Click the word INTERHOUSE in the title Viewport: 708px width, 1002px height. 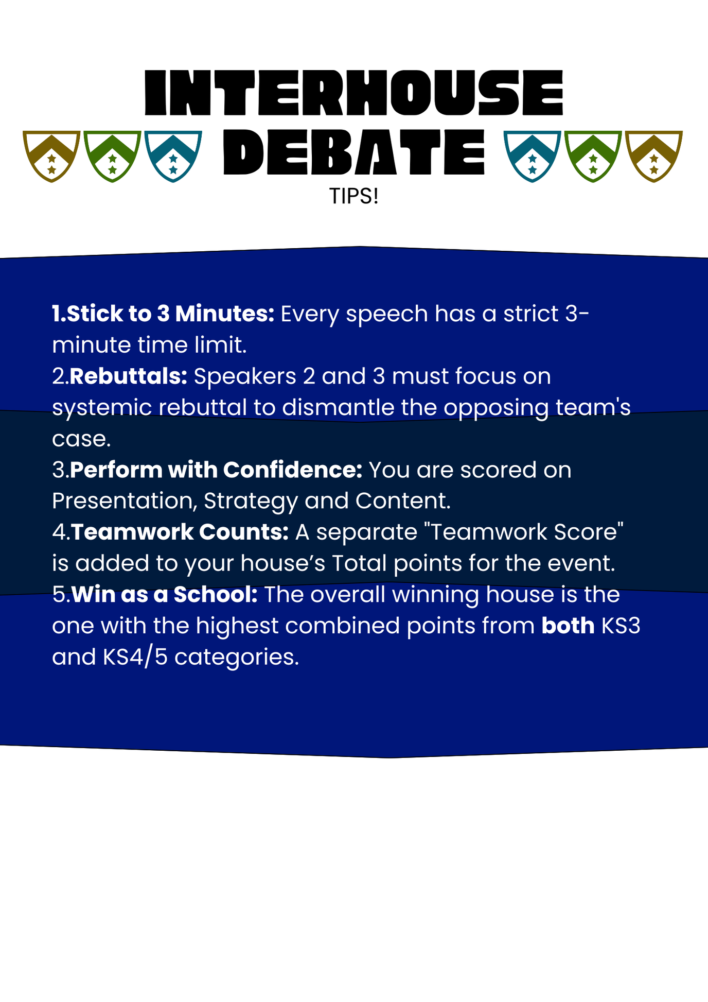pos(354,93)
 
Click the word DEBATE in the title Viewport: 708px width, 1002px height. pos(354,152)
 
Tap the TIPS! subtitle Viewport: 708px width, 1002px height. pos(354,196)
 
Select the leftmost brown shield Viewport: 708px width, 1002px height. pos(51,156)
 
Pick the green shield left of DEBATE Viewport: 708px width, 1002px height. pos(112,156)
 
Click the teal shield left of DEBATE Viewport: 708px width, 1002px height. pos(173,156)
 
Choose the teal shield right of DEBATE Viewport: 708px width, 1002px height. pos(532,156)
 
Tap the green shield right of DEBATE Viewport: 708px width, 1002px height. pos(593,156)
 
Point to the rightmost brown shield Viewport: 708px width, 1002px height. pos(653,156)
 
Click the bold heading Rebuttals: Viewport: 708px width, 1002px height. pos(128,376)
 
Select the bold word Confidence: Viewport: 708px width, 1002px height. pos(293,470)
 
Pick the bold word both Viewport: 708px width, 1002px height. pos(568,626)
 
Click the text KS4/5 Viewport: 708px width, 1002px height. pos(135,658)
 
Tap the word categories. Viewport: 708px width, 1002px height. pos(237,658)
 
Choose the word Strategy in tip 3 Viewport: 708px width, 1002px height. pos(251,502)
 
